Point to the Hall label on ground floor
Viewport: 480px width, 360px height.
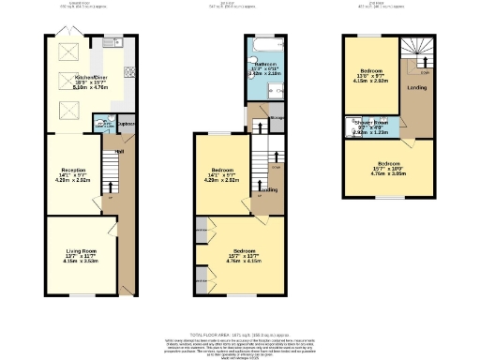pyautogui.click(x=119, y=151)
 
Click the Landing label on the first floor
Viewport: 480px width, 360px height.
pyautogui.click(x=267, y=189)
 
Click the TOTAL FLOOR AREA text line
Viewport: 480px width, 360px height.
pyautogui.click(x=240, y=334)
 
